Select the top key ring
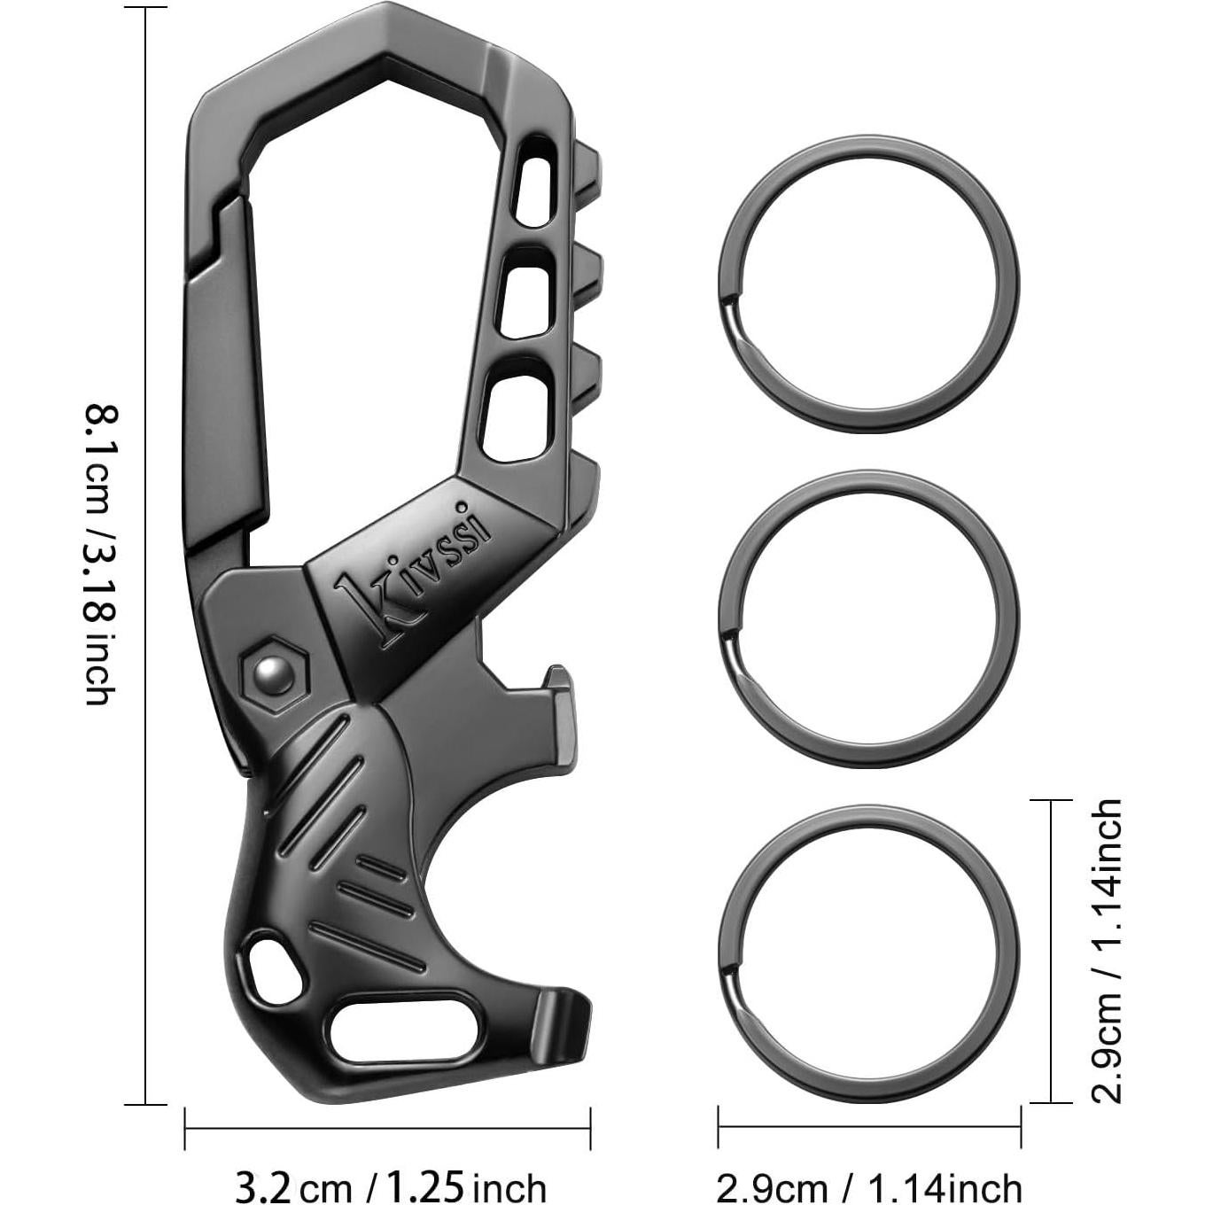(869, 284)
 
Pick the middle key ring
(869, 619)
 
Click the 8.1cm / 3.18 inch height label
(100, 556)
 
